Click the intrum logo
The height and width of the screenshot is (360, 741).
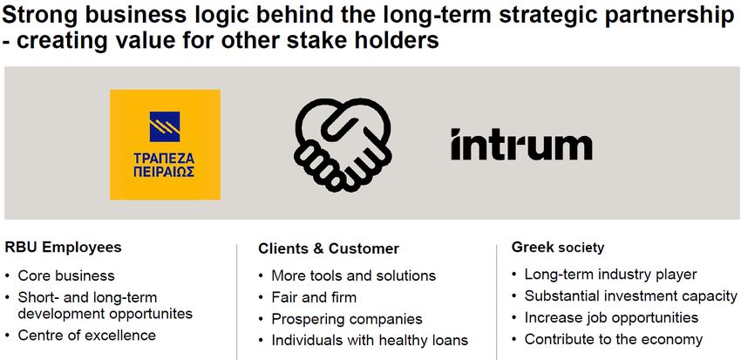(x=521, y=144)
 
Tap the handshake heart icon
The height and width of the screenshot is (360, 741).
(x=343, y=145)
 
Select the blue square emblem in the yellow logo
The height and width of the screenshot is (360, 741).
(x=165, y=126)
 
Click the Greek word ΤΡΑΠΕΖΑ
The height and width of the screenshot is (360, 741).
(x=164, y=159)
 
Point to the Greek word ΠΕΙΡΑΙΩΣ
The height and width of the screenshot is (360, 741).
(x=164, y=172)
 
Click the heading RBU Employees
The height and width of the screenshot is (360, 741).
(x=63, y=247)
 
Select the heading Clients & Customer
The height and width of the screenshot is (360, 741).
(x=329, y=248)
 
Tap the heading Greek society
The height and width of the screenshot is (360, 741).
(x=558, y=247)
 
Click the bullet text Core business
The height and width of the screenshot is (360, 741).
(x=66, y=275)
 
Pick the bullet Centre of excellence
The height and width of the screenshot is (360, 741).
(x=87, y=336)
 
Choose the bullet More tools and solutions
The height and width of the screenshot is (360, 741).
(x=353, y=275)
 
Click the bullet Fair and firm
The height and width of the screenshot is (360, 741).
(x=314, y=297)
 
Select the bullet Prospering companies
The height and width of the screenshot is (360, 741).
(x=347, y=319)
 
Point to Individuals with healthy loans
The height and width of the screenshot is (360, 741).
(x=370, y=340)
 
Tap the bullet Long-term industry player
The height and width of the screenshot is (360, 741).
(x=610, y=275)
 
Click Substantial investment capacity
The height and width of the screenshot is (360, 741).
(x=631, y=296)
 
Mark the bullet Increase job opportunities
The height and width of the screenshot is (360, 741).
(x=611, y=317)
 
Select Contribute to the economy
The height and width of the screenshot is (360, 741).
(x=614, y=339)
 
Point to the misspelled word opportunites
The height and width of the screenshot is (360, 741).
(x=151, y=314)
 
